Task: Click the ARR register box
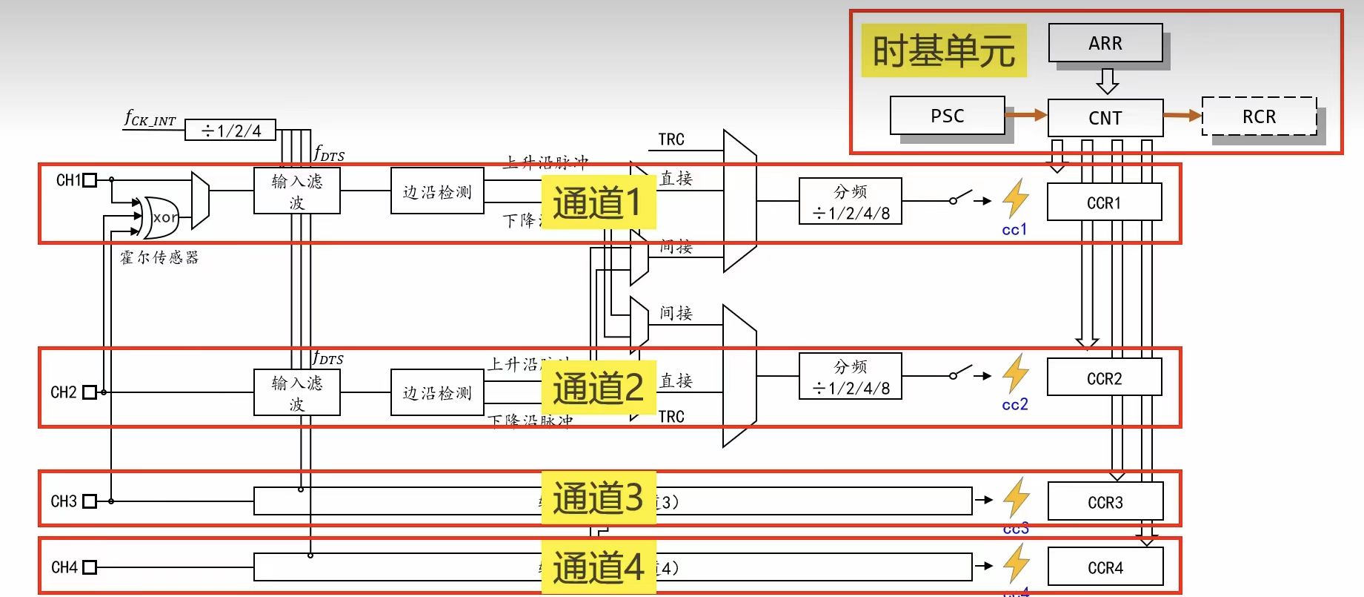click(x=1105, y=43)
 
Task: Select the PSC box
click(x=947, y=116)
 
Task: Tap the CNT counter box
click(x=1105, y=118)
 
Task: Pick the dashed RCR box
click(x=1259, y=116)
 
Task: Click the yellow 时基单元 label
click(x=943, y=50)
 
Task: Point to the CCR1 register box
click(x=1104, y=202)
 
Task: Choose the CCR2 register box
click(x=1104, y=378)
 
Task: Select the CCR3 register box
click(x=1105, y=502)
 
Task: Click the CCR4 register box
click(x=1105, y=567)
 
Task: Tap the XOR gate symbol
click(x=160, y=217)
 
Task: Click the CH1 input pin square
click(x=90, y=180)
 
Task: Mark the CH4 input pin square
click(x=90, y=567)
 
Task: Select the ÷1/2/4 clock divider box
click(x=230, y=131)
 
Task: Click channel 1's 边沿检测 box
click(x=437, y=191)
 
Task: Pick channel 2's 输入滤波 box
click(x=296, y=393)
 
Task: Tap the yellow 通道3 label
click(x=598, y=498)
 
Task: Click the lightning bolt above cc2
click(x=1016, y=373)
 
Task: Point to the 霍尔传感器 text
click(x=159, y=257)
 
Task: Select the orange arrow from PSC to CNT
click(x=1026, y=115)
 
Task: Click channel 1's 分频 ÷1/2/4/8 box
click(x=850, y=202)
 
